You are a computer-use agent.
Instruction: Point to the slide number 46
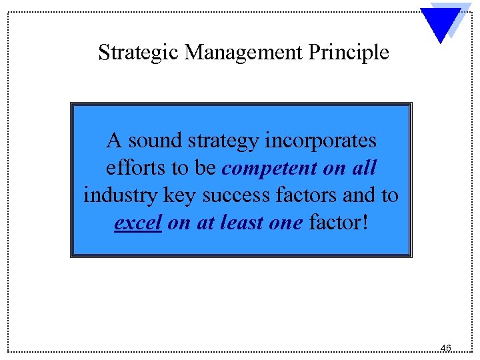tap(446, 347)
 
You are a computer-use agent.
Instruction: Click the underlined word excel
tap(138, 223)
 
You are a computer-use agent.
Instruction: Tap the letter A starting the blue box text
tap(114, 141)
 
